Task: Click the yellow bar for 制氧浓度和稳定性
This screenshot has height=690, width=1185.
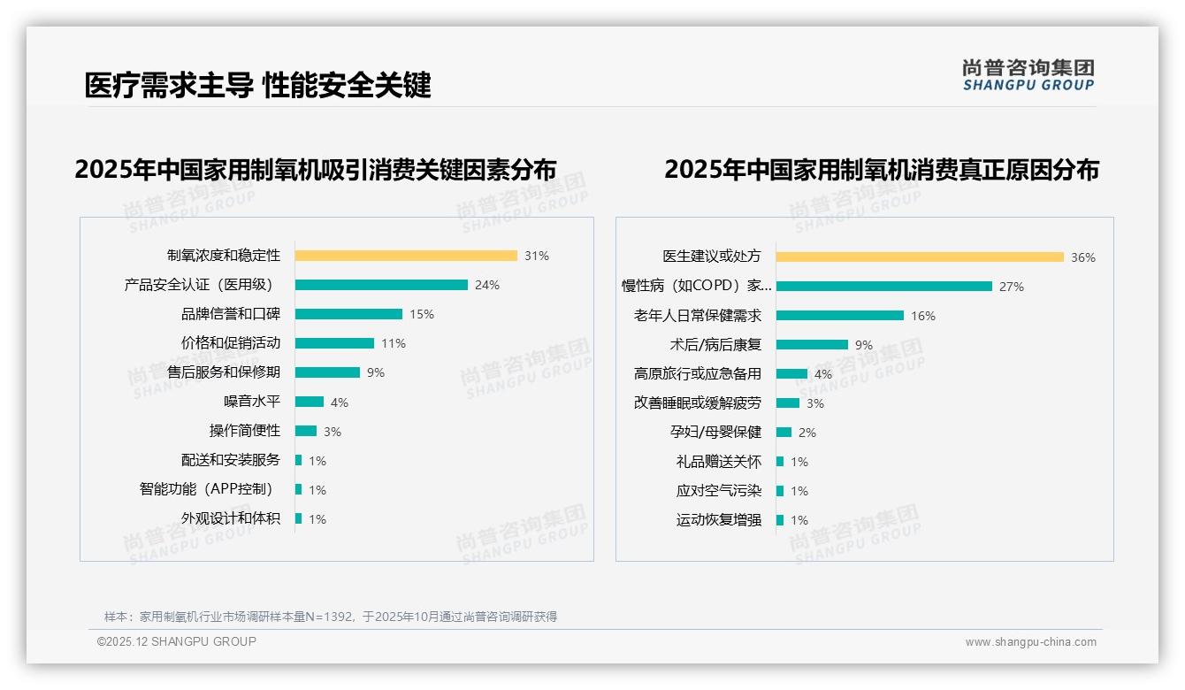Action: click(406, 256)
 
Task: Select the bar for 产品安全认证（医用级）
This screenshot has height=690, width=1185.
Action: click(381, 285)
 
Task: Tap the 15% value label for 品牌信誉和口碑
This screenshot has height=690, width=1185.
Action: click(422, 314)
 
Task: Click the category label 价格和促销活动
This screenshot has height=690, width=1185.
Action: click(231, 343)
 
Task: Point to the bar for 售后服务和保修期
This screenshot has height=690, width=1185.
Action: click(327, 372)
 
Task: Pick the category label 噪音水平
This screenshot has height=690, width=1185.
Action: click(252, 402)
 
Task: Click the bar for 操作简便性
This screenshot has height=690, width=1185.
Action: click(306, 431)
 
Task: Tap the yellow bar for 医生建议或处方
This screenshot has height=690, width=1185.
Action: click(920, 257)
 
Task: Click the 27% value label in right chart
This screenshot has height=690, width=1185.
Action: click(1012, 287)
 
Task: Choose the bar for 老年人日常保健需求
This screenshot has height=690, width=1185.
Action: click(840, 316)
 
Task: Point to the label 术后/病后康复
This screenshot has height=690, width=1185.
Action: click(715, 345)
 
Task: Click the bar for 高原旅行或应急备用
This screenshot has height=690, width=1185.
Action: click(791, 374)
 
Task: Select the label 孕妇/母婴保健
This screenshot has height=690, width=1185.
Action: click(715, 433)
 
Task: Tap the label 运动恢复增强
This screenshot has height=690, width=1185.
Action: click(719, 520)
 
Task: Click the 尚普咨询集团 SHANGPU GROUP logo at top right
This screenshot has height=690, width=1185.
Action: click(1028, 75)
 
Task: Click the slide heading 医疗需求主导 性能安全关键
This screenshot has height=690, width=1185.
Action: click(257, 85)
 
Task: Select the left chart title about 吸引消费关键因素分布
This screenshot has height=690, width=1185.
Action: click(316, 169)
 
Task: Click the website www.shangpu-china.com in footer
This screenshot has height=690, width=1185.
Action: click(1030, 642)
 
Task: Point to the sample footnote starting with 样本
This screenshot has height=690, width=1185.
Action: click(331, 617)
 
